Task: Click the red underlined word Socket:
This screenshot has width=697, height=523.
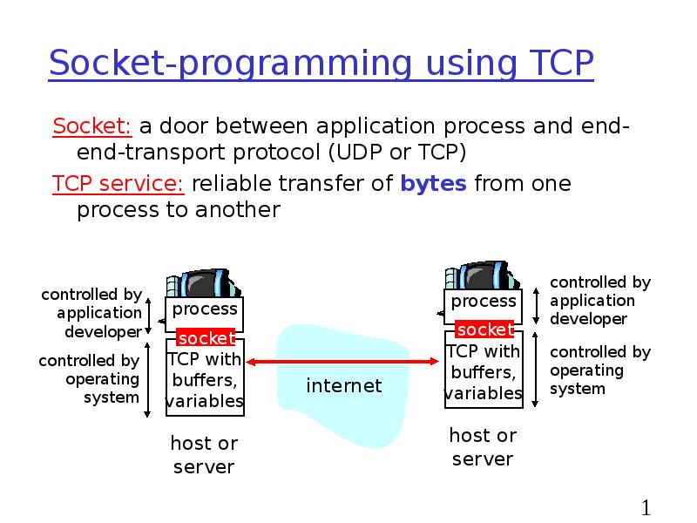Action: (92, 126)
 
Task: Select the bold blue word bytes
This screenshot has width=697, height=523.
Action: (434, 184)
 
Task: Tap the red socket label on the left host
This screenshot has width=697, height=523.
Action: (206, 337)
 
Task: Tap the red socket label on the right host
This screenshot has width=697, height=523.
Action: (485, 329)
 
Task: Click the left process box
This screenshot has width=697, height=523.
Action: (205, 310)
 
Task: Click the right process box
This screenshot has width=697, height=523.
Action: (484, 302)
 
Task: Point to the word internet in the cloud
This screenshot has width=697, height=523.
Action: (344, 385)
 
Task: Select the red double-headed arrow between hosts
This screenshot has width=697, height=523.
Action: (344, 360)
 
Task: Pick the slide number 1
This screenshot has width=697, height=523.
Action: (646, 508)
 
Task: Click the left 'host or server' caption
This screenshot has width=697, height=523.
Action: (204, 455)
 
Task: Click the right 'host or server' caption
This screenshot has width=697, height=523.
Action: (483, 446)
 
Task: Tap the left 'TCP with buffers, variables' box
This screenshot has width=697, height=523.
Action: (205, 380)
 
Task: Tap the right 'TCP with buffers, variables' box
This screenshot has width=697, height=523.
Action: (484, 372)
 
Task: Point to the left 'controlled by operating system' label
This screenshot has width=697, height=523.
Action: (90, 379)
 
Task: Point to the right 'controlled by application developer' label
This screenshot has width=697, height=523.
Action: (600, 301)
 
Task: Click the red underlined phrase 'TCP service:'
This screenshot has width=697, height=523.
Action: (118, 184)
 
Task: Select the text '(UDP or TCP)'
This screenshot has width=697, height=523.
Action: (397, 153)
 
